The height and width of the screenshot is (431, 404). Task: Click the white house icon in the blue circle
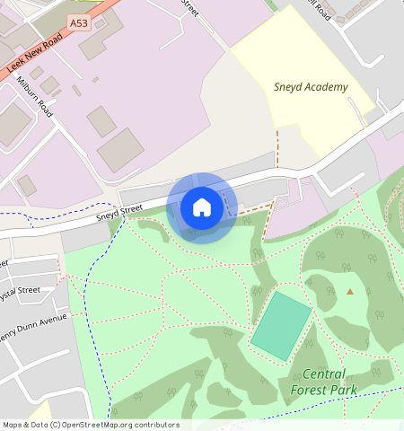click(x=202, y=207)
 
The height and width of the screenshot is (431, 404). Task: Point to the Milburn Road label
click(x=35, y=96)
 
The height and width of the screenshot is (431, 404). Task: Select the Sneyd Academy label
click(x=311, y=87)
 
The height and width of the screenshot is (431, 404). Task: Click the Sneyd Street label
click(x=119, y=211)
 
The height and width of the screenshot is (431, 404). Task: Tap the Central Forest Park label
click(x=323, y=382)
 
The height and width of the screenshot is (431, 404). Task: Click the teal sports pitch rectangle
click(x=281, y=326)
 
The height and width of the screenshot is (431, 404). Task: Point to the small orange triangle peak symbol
click(x=350, y=291)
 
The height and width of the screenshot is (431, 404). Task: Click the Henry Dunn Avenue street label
click(x=33, y=321)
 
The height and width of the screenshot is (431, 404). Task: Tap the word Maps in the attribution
click(x=13, y=426)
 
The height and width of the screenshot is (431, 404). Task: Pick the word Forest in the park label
click(x=310, y=390)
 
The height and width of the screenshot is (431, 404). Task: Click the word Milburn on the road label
click(x=26, y=88)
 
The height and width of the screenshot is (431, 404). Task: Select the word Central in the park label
click(x=323, y=374)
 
